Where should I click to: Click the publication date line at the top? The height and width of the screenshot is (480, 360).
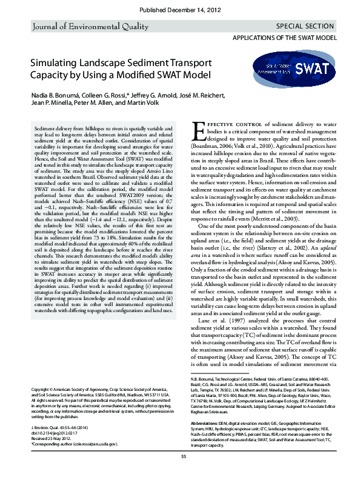[x=180, y=11]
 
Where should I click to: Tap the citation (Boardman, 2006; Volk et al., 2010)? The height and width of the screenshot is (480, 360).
[x=235, y=147]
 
